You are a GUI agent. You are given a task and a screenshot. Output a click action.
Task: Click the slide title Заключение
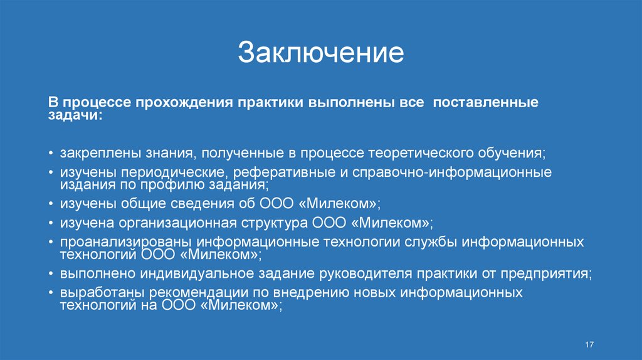pos(320,53)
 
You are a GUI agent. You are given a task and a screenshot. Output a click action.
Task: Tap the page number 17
pos(589,346)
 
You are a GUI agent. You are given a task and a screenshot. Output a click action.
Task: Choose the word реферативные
pos(272,172)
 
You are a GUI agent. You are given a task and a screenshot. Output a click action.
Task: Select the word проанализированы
pos(127,243)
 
